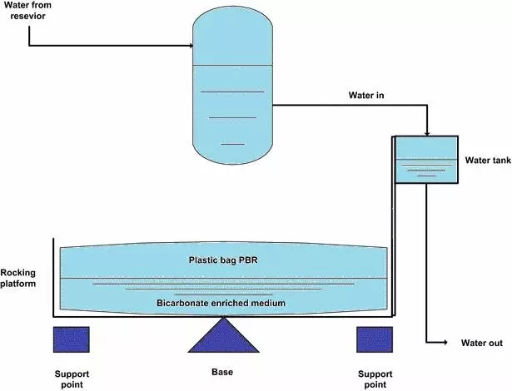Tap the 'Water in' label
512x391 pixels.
coord(366,96)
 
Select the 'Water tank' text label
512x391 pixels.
coord(487,160)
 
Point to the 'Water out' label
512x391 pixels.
coord(480,343)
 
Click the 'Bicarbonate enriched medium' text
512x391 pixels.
coord(221,304)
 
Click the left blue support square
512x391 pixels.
coord(71,340)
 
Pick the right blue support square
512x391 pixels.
coord(374,340)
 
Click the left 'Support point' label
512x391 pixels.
coord(71,379)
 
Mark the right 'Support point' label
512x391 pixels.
coord(374,379)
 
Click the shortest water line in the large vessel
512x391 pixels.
coord(233,144)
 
